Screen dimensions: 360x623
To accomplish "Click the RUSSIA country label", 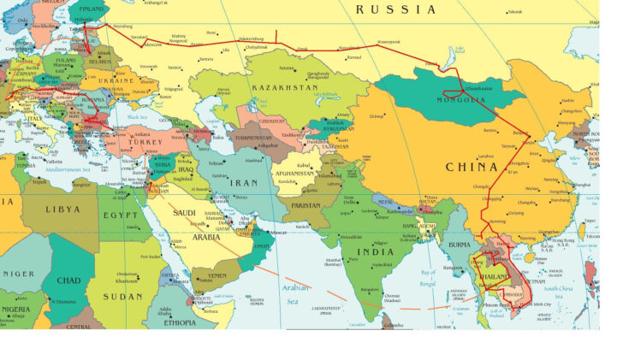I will (396, 9).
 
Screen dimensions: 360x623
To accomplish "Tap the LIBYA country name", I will (62, 209).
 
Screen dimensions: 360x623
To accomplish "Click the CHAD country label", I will (68, 280).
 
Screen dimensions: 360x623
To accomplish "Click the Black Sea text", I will (139, 116).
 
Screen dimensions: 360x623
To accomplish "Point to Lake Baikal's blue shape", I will (448, 60).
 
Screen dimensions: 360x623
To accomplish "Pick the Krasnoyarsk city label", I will (389, 42).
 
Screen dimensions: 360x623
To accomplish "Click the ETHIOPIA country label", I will (175, 323).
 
